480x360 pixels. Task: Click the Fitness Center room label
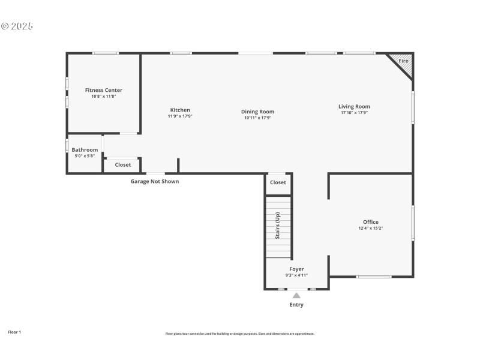point(103,90)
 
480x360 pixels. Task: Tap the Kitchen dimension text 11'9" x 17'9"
point(180,116)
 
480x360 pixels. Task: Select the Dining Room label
point(257,112)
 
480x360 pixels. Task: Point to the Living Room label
point(354,106)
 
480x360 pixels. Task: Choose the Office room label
point(370,222)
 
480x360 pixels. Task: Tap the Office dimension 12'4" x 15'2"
point(370,229)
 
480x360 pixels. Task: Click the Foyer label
point(296,269)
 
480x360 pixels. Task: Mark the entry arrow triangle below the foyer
point(296,295)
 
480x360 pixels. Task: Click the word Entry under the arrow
point(296,305)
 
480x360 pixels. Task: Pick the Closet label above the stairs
point(278,182)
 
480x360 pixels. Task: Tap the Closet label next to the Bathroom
point(122,165)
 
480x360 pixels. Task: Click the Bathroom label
point(85,150)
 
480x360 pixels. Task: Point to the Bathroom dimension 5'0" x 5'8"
point(85,156)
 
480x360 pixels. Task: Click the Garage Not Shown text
point(155,181)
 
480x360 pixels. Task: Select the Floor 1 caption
point(14,332)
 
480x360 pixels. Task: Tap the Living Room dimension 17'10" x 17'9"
point(354,113)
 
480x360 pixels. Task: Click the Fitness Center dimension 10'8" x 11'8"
point(103,97)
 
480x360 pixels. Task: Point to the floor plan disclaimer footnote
point(240,334)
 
